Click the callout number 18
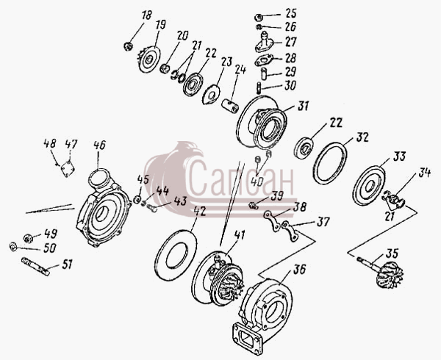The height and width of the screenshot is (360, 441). [146, 15]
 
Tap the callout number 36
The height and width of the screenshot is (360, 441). [299, 270]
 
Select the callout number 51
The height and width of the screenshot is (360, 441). [67, 264]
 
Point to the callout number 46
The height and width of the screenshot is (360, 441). [99, 145]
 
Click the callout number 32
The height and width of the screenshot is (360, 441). [362, 137]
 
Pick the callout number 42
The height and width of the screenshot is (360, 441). [199, 212]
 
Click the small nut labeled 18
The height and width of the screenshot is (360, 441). [128, 46]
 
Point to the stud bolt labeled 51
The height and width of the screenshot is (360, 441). [35, 267]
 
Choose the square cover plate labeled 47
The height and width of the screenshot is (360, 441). [68, 168]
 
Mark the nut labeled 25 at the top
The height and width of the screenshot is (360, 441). [259, 18]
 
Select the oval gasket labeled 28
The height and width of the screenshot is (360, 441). [264, 60]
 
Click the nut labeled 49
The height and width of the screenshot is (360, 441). [28, 238]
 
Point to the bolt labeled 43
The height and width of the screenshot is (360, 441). [151, 208]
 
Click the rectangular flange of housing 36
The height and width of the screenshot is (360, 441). [248, 338]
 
